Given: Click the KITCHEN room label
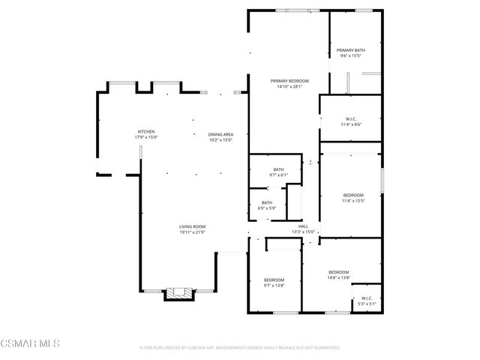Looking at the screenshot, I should pos(145,131).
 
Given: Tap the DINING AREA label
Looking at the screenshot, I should pos(220,134).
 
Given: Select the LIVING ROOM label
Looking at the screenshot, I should pos(192,226).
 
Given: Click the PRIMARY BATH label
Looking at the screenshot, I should pos(350,50).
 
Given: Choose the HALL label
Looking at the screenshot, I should pos(303,226).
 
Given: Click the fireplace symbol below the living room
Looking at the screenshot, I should pos(178,293).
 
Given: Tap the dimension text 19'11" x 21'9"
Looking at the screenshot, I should pos(192,232).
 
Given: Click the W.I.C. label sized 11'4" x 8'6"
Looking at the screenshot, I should pos(350,118).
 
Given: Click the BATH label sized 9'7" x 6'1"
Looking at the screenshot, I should pos(278,169).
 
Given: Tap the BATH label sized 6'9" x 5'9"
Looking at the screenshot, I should pos(267,202).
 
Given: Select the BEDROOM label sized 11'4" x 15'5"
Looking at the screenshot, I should pos(352,195).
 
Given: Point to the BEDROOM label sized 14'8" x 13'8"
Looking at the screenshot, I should pos(338,272).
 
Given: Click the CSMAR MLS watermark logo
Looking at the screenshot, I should pos(30,344).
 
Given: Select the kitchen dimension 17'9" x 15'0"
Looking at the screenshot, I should pos(145,137).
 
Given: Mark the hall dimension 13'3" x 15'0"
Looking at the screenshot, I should pos(303,232).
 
